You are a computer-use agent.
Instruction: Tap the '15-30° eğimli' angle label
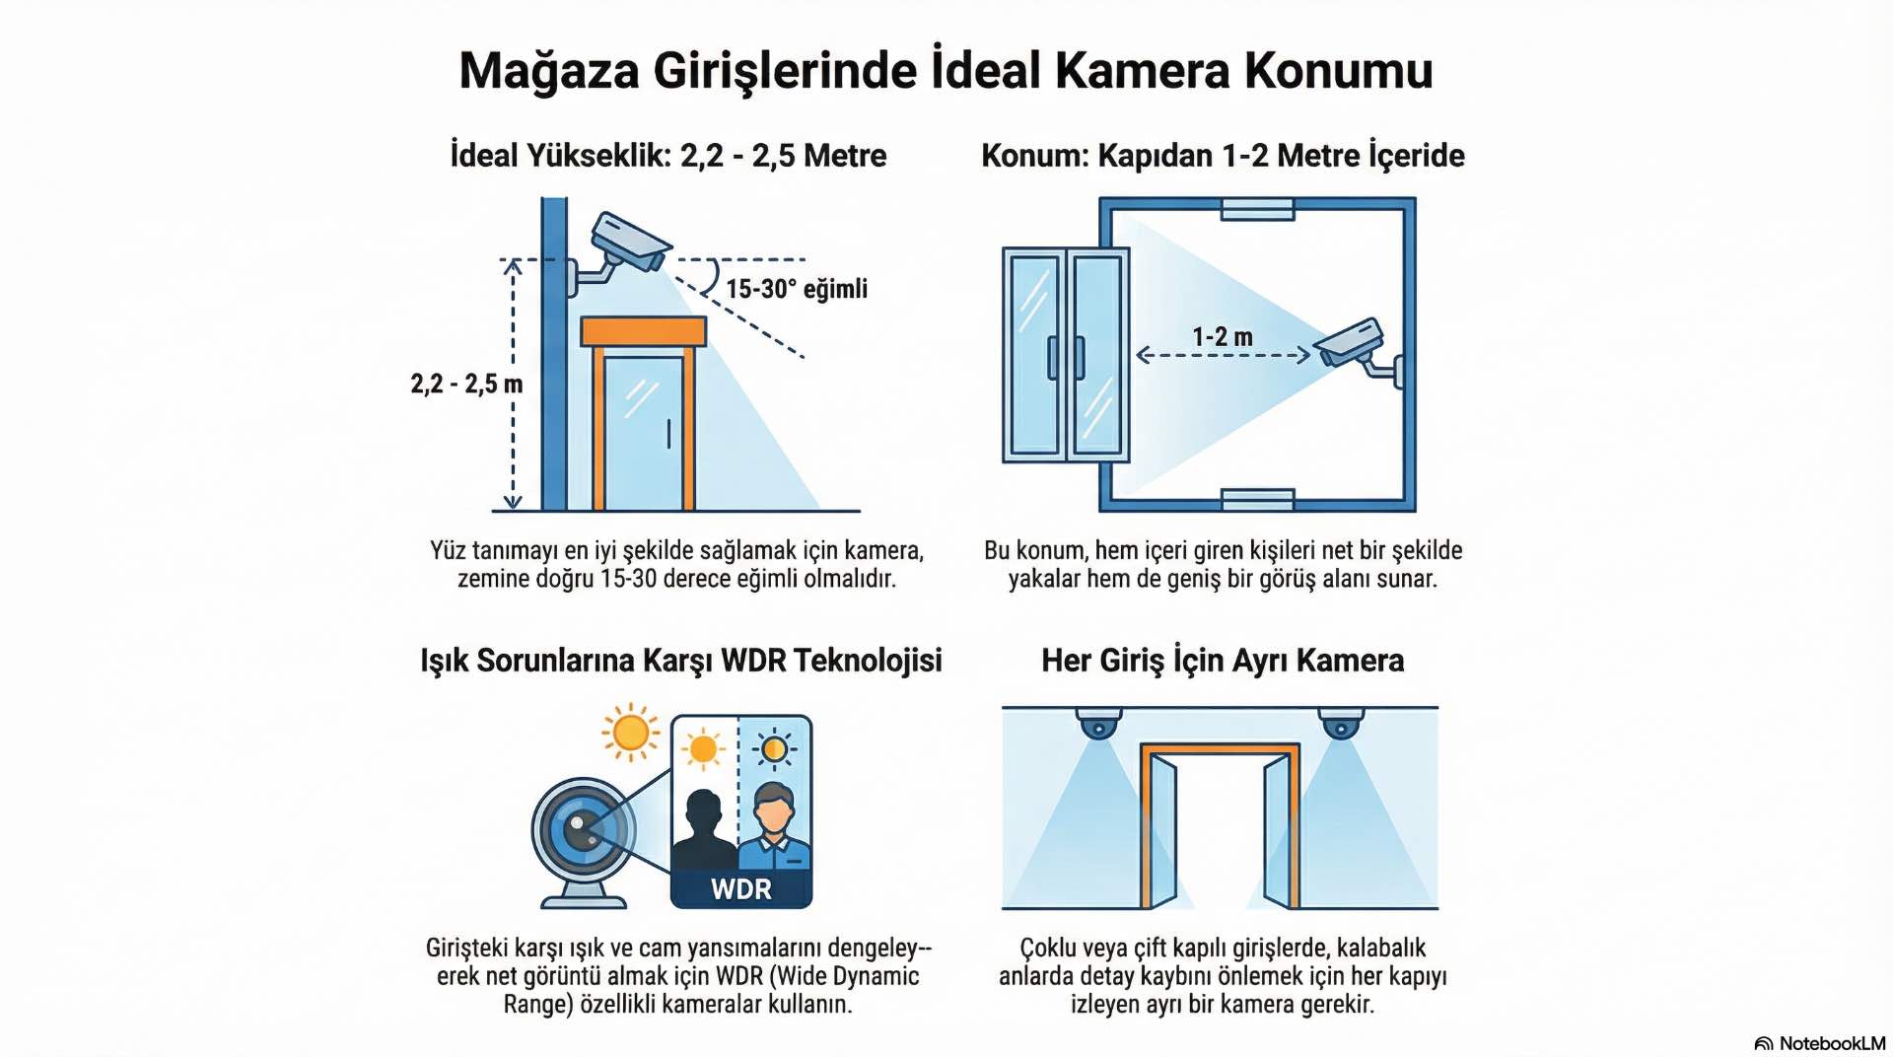tap(797, 289)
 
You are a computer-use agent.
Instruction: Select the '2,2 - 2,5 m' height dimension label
tap(466, 384)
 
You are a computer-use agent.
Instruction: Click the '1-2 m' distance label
tap(1223, 337)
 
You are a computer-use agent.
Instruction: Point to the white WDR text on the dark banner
tap(741, 889)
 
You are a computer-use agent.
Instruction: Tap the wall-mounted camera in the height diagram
tap(629, 242)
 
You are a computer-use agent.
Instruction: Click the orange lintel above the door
tap(644, 331)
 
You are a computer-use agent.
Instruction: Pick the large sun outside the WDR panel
tap(630, 733)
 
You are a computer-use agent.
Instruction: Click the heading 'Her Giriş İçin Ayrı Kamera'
tap(1223, 661)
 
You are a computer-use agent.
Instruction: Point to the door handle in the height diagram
tap(668, 434)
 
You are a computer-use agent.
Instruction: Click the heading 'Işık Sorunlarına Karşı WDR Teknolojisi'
tap(681, 661)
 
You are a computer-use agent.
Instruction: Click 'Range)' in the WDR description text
tap(538, 1005)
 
